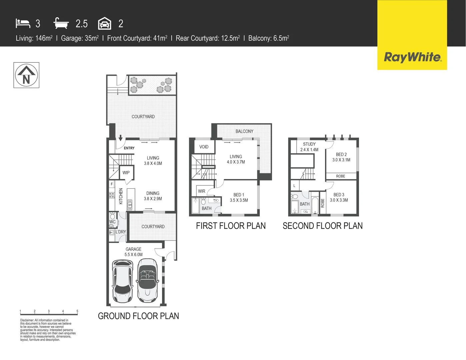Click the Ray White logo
tap(412, 57)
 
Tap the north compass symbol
tap(26, 75)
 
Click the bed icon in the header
tap(23, 23)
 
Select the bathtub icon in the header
tap(61, 23)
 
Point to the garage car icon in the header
tap(105, 24)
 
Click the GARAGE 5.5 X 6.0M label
tap(134, 252)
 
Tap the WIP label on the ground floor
tap(126, 173)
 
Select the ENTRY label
tap(129, 148)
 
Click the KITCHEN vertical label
tap(121, 196)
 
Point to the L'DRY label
tap(121, 232)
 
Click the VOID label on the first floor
tap(204, 147)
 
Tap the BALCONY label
tap(244, 131)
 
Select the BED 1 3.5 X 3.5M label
tap(239, 198)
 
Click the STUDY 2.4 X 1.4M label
tap(309, 147)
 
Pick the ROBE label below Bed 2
tap(340, 176)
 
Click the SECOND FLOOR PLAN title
tap(322, 226)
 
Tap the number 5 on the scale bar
tap(77, 311)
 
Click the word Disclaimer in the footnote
tap(27, 320)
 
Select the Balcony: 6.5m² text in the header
tap(268, 38)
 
